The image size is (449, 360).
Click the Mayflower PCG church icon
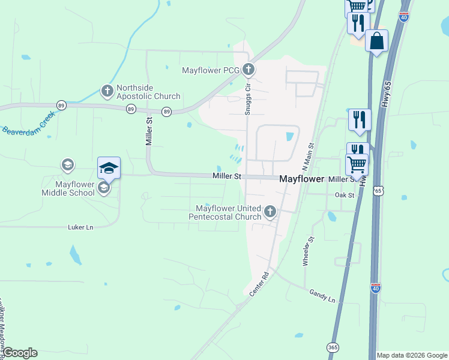coord(248,70)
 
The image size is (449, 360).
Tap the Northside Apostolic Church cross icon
coord(107,91)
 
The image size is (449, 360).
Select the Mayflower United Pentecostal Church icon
coord(270,211)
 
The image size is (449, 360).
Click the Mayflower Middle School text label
coord(68,188)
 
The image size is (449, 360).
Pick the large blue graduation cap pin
coord(109,168)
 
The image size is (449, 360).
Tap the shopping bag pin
coord(376,41)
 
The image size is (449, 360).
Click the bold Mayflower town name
coord(301,179)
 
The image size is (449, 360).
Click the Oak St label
coord(345,195)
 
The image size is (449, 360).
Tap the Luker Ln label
coord(82,227)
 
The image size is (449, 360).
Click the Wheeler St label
coord(308,252)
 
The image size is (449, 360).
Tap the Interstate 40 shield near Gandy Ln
coord(375,289)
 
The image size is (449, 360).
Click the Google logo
coord(20,353)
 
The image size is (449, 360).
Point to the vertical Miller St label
coord(149,131)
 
